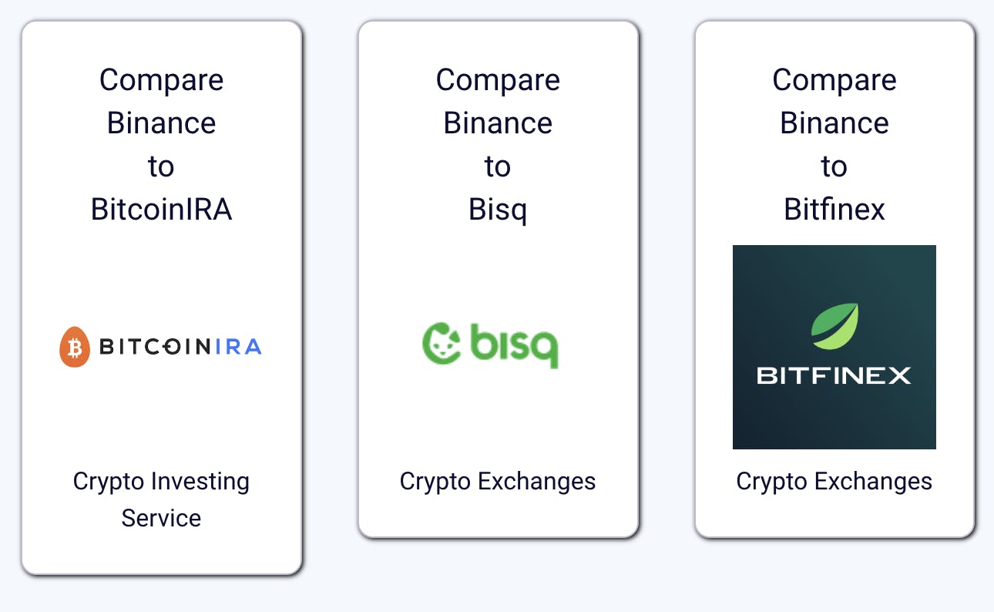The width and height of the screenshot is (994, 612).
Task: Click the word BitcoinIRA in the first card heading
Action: coord(161,209)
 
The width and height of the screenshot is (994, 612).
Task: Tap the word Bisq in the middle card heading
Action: coord(498,209)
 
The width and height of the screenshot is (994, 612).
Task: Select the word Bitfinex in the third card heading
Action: coord(834,209)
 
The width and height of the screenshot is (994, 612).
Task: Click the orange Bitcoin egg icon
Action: coord(75,347)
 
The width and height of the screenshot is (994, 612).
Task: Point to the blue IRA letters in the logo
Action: coord(239,348)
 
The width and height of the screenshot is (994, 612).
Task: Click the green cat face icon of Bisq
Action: coord(442,343)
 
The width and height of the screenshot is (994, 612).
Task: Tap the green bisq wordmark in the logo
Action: coord(514,346)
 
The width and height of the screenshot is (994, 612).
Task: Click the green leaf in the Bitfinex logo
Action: coord(834,327)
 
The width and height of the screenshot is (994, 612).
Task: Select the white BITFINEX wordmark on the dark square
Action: coord(834,375)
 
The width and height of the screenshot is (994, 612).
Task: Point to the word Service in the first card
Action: coord(161,518)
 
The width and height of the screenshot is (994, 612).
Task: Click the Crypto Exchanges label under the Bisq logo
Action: coord(498,481)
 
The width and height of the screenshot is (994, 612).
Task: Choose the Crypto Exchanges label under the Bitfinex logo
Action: coord(834,481)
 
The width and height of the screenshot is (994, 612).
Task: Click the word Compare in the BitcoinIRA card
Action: coord(161,80)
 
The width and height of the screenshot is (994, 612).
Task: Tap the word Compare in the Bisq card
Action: coord(498,80)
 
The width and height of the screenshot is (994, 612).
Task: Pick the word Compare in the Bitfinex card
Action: coord(834,80)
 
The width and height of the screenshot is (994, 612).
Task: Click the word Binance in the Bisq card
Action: coord(498,123)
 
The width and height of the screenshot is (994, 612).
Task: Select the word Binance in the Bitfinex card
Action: coord(834,123)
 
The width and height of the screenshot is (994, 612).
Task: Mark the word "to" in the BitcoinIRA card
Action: coord(161,166)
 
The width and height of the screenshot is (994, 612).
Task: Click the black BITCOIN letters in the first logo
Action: coord(154,348)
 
